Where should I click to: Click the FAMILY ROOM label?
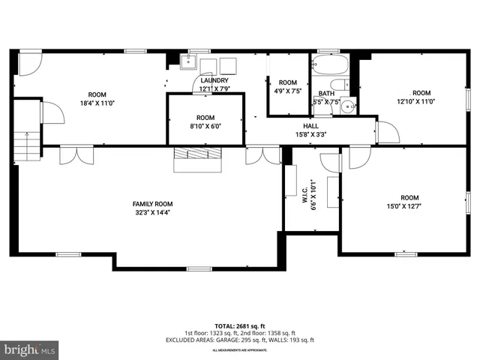coord(152,204)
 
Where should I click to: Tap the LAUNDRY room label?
coord(214,80)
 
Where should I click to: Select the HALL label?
coord(310,126)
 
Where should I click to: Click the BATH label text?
coord(327,93)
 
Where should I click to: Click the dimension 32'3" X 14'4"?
coord(152,212)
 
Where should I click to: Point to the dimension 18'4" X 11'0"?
coord(97,103)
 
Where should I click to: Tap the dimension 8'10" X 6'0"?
coord(205,127)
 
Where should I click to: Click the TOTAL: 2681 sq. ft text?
coord(239,326)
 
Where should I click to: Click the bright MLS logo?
coord(30,349)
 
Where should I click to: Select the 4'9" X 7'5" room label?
coord(288,91)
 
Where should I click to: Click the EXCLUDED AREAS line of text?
coord(239,340)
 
